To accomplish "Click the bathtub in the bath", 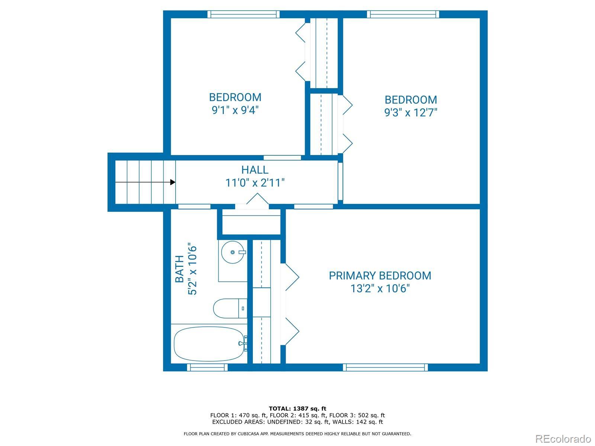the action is (209, 344).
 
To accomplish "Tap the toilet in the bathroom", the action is (230, 308).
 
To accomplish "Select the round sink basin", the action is (232, 252).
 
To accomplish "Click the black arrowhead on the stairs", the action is (173, 182).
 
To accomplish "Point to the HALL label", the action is (255, 170).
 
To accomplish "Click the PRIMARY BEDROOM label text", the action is (380, 276).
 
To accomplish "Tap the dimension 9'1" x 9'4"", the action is (235, 110).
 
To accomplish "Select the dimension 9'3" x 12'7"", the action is (411, 112).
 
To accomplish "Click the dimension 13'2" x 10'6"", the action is (380, 288).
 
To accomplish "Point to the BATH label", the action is (180, 269).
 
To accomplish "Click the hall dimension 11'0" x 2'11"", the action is (255, 183).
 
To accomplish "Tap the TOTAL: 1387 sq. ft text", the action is (297, 408).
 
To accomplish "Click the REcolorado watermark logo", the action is (563, 439).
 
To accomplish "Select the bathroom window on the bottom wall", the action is (208, 367).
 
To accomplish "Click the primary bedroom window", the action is (385, 367).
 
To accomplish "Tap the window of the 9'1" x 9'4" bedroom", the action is (244, 14).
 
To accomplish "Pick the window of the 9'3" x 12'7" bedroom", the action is (403, 14).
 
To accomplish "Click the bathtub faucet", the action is (244, 343).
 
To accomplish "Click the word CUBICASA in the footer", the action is (248, 434).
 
